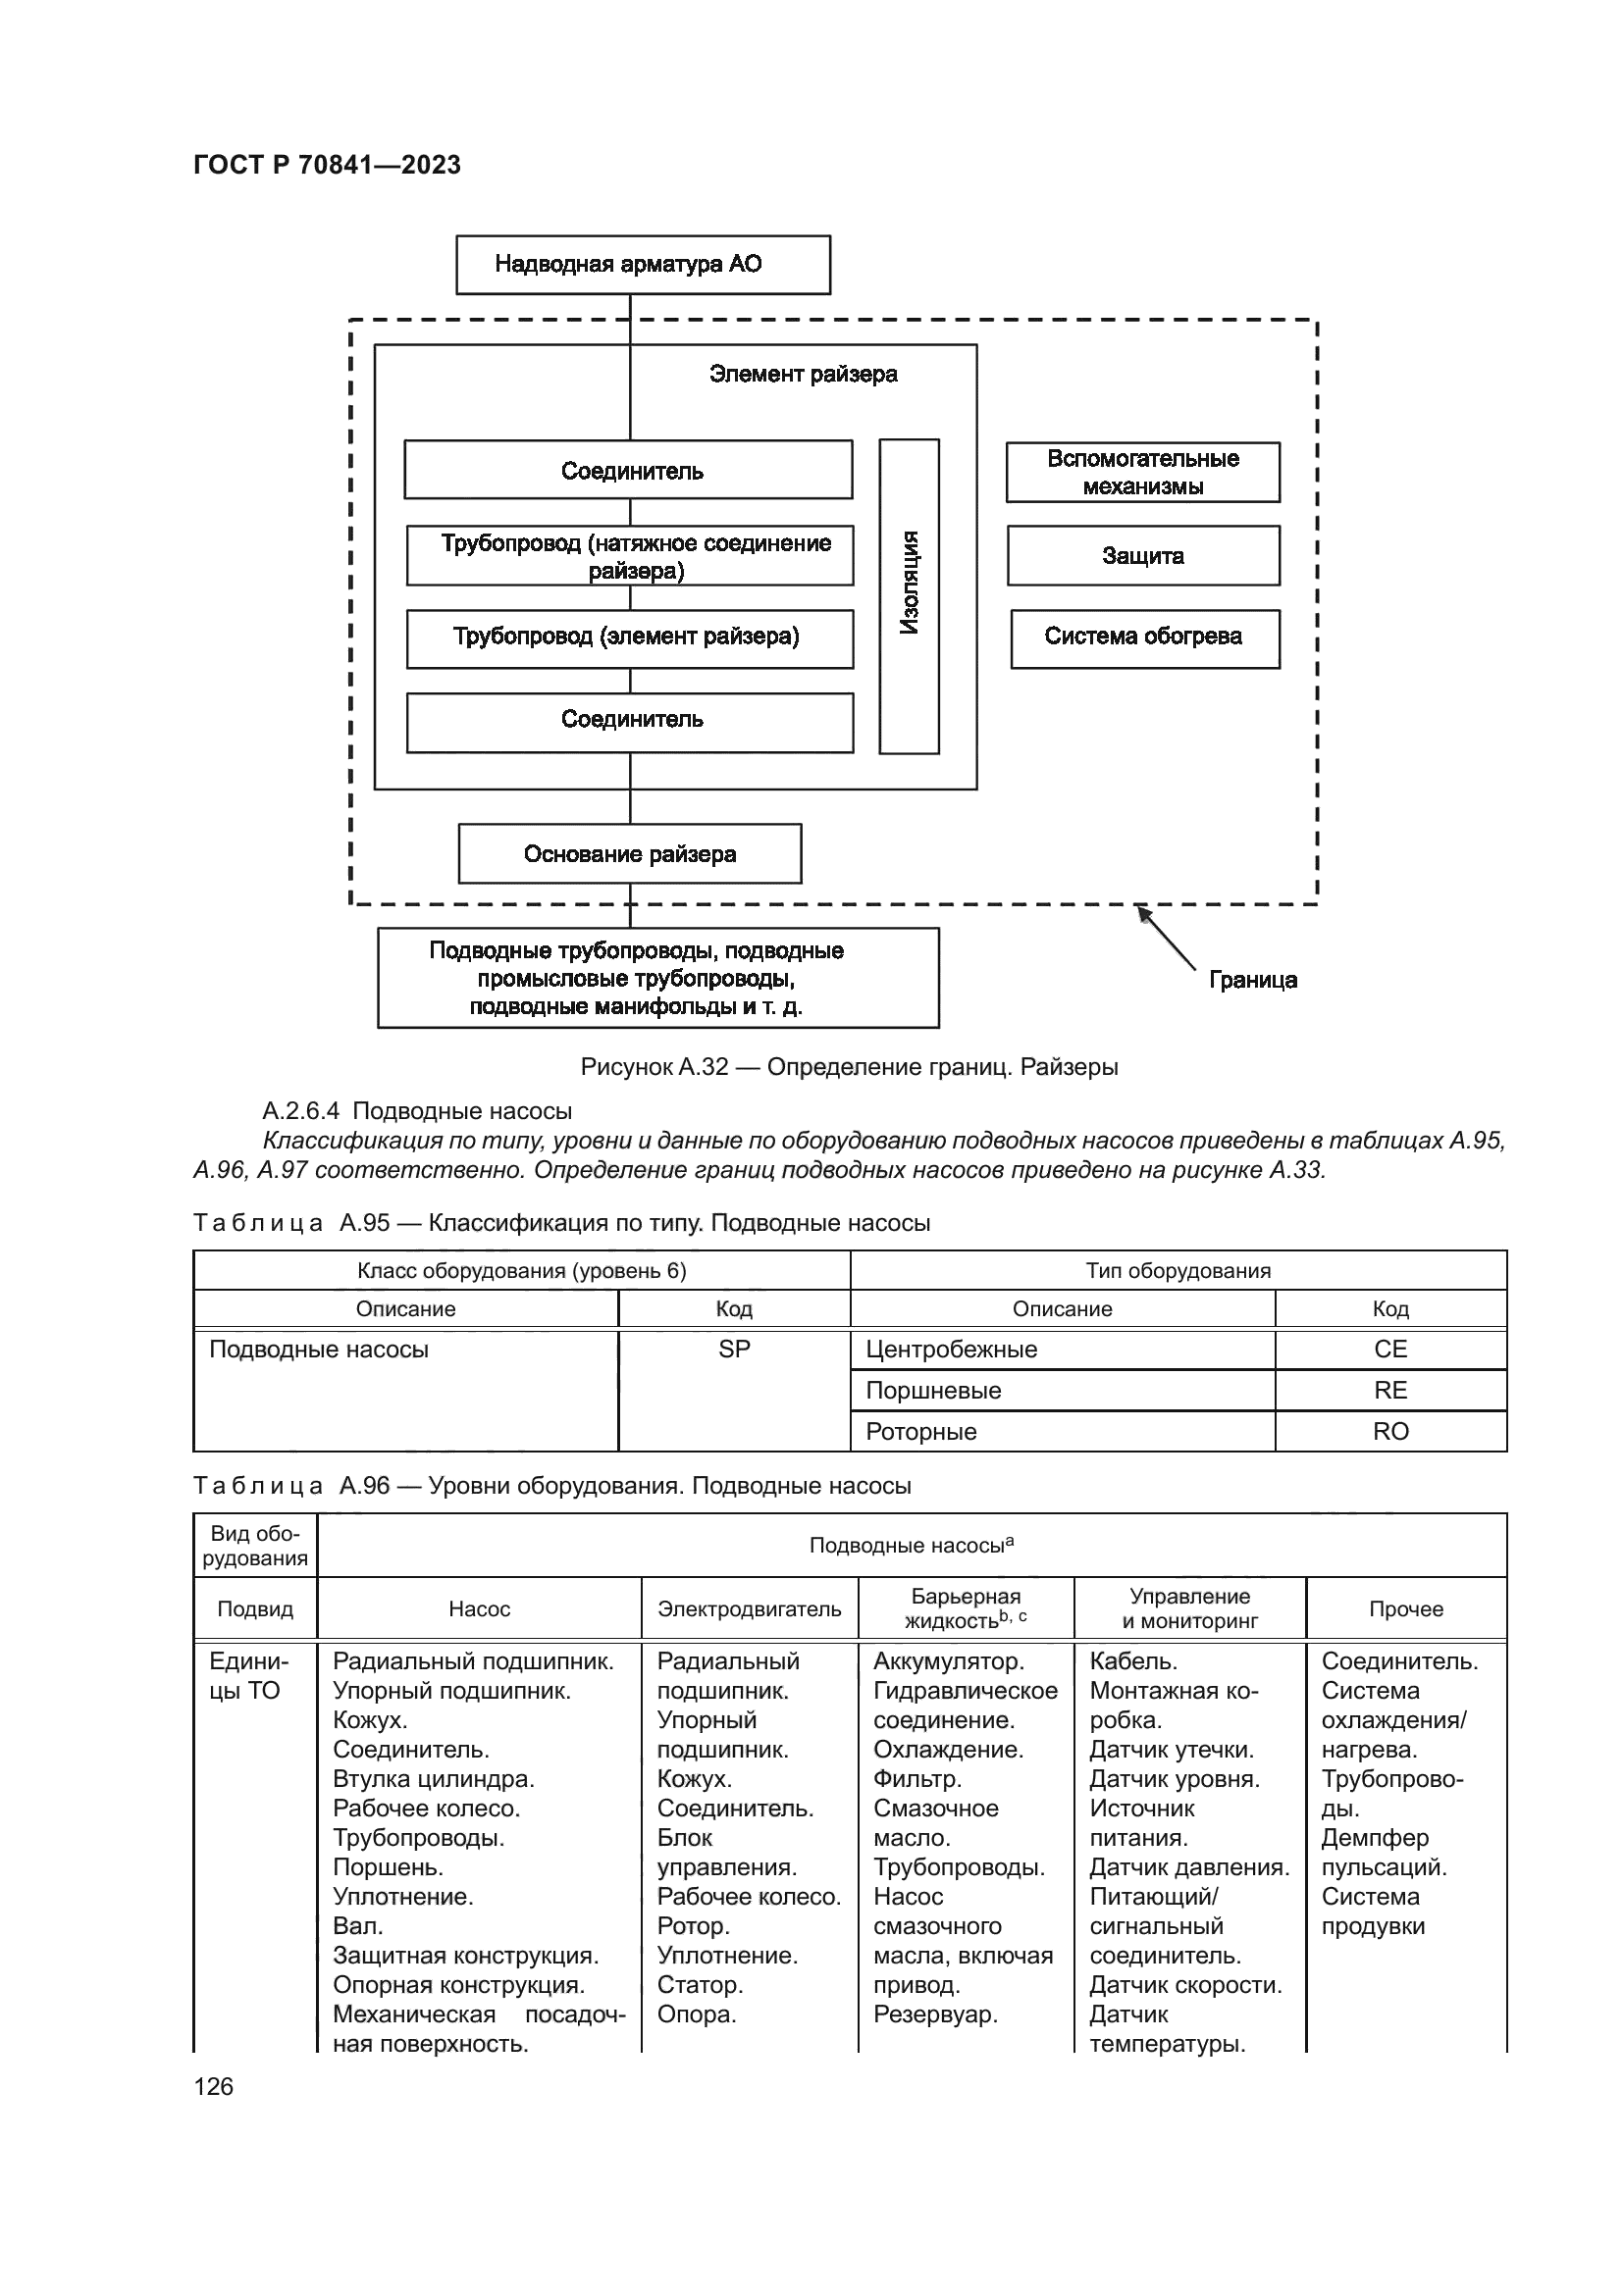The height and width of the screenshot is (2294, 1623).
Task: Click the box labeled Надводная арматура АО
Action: (643, 265)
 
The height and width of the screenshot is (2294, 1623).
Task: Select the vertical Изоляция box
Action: (909, 596)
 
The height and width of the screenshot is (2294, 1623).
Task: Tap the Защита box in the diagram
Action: (1142, 555)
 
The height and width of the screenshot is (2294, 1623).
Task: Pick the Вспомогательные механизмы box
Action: (1142, 473)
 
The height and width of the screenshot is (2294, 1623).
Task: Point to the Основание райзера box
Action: (630, 854)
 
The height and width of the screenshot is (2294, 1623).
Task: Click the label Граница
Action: (1252, 980)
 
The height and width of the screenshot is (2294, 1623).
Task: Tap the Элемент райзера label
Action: (803, 375)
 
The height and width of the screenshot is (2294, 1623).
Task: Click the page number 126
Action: (213, 2086)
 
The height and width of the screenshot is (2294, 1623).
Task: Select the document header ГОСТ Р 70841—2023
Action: (327, 165)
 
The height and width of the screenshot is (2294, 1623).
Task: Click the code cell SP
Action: (734, 1350)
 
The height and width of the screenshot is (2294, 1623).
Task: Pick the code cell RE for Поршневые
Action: (1390, 1391)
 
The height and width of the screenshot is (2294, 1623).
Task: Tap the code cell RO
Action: (1390, 1432)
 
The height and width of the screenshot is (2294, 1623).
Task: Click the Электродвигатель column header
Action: (749, 1609)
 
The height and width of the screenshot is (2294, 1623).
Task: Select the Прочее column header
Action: (1405, 1609)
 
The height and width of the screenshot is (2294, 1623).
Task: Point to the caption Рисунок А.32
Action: (849, 1067)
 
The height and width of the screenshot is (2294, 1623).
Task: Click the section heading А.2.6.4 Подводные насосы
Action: (417, 1111)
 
